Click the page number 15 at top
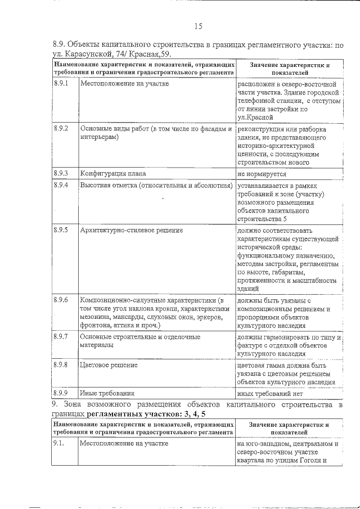click(x=198, y=26)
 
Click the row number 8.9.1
click(x=61, y=83)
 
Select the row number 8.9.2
click(x=61, y=128)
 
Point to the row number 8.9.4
click(x=61, y=184)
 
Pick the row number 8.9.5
click(x=61, y=229)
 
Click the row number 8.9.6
click(x=61, y=299)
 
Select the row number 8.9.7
click(x=61, y=336)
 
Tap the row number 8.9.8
click(x=61, y=364)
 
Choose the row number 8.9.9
click(x=61, y=393)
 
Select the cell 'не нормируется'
click(x=263, y=174)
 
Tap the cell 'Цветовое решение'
click(x=109, y=365)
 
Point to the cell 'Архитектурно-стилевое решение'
click(x=131, y=230)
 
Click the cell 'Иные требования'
click(x=107, y=394)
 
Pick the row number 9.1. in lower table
click(x=58, y=443)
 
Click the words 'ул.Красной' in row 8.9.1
click(x=255, y=118)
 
